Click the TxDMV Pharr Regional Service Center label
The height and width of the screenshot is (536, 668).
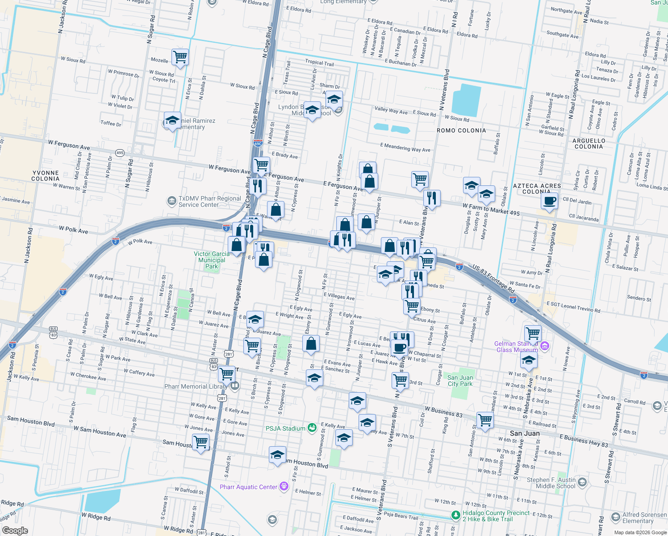tap(209, 201)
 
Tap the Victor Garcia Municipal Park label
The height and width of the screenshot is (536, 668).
tap(212, 260)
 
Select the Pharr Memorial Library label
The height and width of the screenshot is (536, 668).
tap(195, 386)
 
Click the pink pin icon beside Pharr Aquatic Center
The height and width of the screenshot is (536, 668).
tap(284, 486)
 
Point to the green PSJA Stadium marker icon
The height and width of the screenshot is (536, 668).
tap(312, 428)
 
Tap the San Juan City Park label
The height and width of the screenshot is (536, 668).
tap(460, 381)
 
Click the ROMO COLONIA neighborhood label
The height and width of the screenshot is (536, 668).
tap(461, 130)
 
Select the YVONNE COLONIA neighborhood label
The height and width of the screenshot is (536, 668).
tap(46, 176)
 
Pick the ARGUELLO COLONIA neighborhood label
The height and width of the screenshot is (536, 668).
tap(589, 143)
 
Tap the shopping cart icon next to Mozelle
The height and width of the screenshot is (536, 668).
tap(180, 57)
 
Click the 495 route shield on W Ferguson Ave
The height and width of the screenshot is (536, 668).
tap(120, 153)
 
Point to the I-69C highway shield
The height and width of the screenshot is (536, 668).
tap(258, 143)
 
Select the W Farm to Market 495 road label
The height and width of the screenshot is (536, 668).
tap(491, 209)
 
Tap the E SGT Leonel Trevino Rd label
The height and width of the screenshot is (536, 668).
tap(573, 308)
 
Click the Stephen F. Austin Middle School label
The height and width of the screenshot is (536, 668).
tap(551, 483)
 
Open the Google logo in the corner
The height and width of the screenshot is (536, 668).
tap(15, 530)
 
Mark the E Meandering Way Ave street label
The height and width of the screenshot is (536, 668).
tap(405, 148)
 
